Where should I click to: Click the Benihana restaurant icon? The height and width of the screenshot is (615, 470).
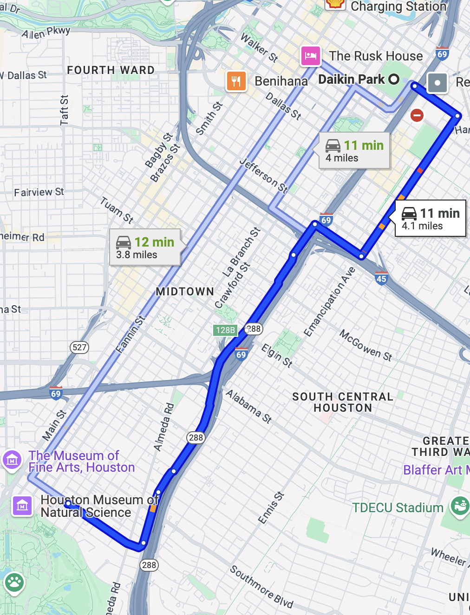coord(236,81)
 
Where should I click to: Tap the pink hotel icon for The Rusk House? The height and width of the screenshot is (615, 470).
coord(310,56)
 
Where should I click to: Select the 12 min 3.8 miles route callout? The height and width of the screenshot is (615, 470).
coord(145,247)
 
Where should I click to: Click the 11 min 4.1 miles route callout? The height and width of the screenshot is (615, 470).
coord(430,219)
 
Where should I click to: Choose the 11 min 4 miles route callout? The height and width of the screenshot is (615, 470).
coord(354,151)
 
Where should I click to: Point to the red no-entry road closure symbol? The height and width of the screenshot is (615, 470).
coord(417,115)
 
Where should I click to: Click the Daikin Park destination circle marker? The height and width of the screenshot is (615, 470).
coord(394,79)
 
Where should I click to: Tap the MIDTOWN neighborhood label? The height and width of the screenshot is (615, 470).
coord(185,292)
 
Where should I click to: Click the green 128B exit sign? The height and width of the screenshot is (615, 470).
coord(225,330)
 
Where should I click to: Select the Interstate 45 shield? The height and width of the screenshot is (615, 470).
coord(381,278)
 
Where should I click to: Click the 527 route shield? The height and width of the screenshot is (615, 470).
coord(79,347)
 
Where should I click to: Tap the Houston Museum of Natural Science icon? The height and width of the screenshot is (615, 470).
coord(22,506)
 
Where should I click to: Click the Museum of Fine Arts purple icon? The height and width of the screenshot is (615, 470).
coord(12,461)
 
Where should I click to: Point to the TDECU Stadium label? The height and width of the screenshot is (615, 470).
coord(398,508)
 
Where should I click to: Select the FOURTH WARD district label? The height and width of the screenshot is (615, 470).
coord(111,70)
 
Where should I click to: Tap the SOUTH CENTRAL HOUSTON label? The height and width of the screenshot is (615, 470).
coord(342,402)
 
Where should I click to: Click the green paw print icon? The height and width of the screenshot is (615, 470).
coord(14,582)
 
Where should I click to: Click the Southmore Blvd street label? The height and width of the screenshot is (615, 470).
coord(261,587)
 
